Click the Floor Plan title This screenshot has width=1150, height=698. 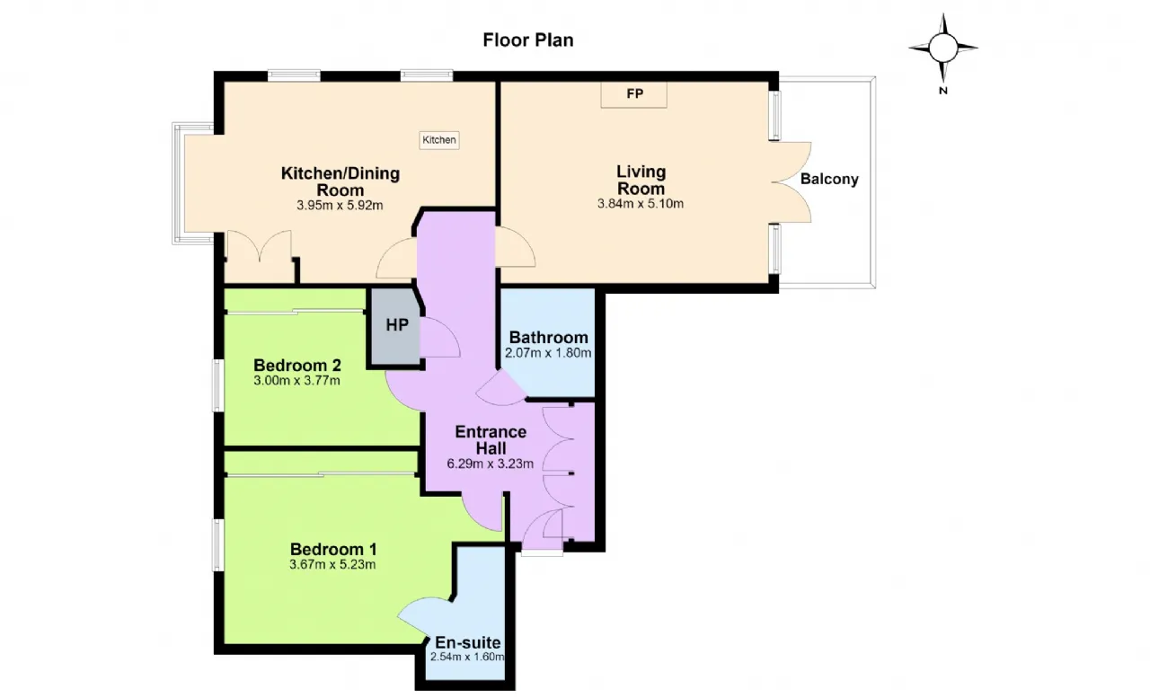point(527,40)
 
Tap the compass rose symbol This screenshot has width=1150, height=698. point(943,48)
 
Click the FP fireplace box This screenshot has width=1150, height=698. point(634,94)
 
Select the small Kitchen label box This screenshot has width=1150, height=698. point(439,140)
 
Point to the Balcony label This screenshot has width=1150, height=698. point(829,179)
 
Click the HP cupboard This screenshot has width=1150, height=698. point(396,327)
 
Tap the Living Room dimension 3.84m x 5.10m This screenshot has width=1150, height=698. point(641,204)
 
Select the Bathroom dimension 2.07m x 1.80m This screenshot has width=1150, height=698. point(548,353)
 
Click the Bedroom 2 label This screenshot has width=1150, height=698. point(297,366)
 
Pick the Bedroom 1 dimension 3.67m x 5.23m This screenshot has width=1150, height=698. point(332,564)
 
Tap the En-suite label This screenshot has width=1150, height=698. point(468,642)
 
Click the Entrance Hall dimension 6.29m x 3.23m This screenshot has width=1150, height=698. point(491,464)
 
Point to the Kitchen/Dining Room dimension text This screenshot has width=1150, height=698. point(340,206)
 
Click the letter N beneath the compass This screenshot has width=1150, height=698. point(943,91)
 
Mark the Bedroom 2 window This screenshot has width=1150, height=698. point(217,385)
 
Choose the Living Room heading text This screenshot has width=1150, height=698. point(641,180)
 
